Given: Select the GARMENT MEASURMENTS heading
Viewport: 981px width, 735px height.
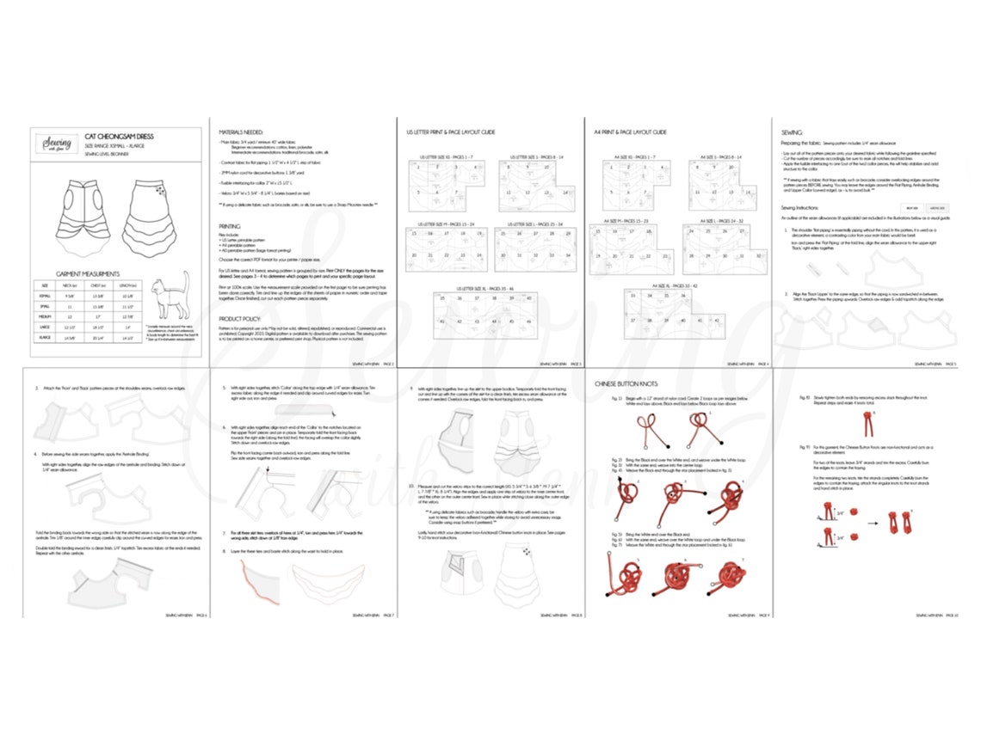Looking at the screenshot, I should [88, 273].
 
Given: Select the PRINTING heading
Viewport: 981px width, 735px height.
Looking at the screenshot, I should [230, 226].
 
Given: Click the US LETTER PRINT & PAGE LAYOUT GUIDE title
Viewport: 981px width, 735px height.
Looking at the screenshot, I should [450, 132].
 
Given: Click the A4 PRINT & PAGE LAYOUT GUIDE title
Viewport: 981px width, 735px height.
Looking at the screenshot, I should [631, 132].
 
